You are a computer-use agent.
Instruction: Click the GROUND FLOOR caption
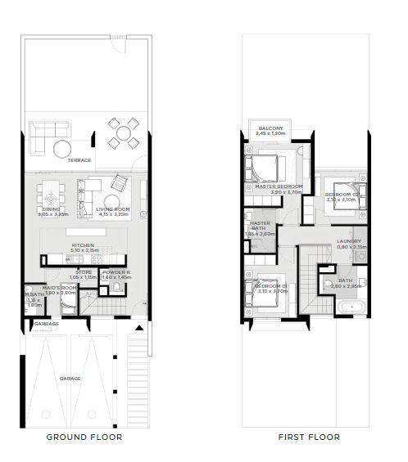[84, 437]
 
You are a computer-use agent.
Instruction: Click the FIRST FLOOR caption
[309, 437]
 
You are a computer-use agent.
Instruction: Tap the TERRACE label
[79, 160]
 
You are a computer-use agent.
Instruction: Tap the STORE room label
[84, 272]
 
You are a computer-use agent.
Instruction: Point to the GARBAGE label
[47, 323]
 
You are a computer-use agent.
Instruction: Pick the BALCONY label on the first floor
[271, 128]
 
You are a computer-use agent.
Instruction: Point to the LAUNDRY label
[349, 240]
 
